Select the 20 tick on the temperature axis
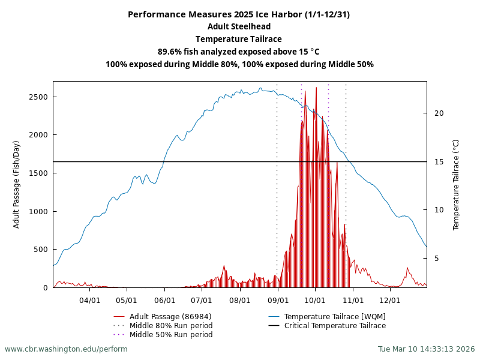coord(439,113)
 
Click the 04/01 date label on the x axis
coord(90,299)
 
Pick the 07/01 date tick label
coord(202,299)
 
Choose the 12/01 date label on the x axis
coord(390,299)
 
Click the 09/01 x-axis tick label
coord(278,299)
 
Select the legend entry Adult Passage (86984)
coord(170,317)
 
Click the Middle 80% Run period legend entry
coord(171,326)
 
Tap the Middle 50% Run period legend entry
coord(171,335)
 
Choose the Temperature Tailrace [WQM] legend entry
coord(335,317)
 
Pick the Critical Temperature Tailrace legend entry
coord(335,326)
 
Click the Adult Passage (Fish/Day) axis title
coord(17,184)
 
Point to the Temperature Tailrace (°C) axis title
coord(456,184)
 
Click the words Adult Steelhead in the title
coord(239,26)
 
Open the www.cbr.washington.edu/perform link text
coord(66,349)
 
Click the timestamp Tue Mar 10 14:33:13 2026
coord(426,349)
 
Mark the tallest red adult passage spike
coord(316,88)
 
